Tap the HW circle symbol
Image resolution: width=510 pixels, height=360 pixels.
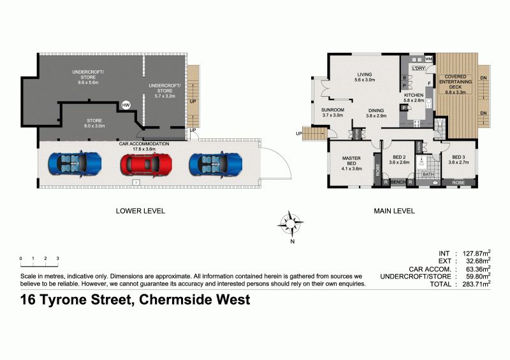(126, 105)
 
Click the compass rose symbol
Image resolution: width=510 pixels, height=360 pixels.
(291, 222)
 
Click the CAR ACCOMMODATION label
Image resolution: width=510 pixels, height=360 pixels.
(144, 144)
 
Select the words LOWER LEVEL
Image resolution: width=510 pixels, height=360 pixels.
(140, 210)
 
